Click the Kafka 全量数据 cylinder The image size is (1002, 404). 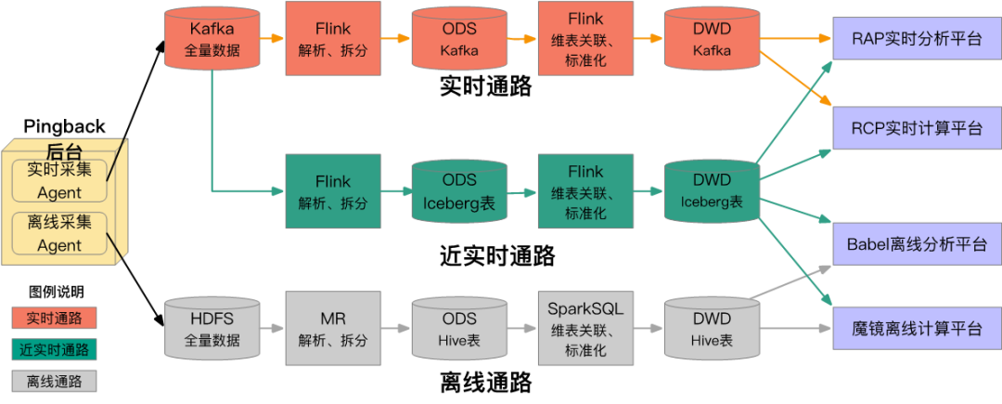click(x=211, y=39)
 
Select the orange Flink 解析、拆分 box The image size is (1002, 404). click(x=332, y=39)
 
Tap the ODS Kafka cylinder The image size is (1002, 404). click(x=459, y=39)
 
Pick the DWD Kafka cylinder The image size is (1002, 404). click(x=712, y=39)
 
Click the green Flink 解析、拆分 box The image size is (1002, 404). click(x=332, y=190)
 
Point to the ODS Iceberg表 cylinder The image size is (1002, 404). click(x=459, y=190)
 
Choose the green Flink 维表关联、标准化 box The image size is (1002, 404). click(x=585, y=190)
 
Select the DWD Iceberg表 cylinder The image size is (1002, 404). click(x=712, y=190)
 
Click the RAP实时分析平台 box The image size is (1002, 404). click(x=917, y=39)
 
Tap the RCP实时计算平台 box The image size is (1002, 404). click(x=917, y=128)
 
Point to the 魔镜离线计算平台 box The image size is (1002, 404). click(x=917, y=329)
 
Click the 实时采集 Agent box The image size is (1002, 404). click(x=59, y=181)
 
